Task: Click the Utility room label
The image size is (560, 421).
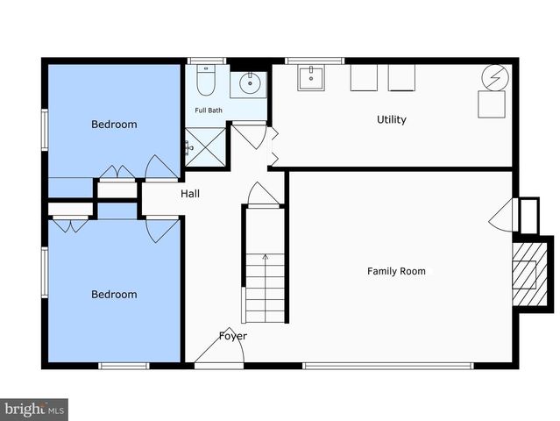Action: pos(391,119)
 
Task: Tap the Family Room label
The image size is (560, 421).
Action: pos(396,271)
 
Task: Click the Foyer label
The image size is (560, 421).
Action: pos(232,336)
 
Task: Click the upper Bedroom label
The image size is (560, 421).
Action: pos(114,125)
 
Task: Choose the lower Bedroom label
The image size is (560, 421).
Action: pos(114,295)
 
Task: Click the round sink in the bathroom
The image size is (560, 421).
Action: pos(248,84)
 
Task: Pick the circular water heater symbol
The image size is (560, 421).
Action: pos(491,77)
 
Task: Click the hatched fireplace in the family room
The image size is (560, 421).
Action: pos(525,275)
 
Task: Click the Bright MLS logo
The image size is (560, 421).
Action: pos(34,409)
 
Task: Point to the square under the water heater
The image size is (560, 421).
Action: pos(491,104)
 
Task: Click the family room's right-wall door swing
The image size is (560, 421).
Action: pos(501,215)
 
